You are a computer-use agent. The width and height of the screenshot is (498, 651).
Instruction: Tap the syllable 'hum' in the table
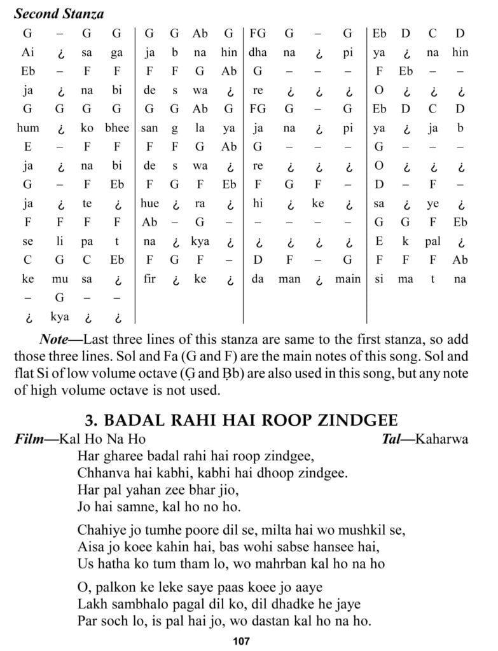click(28, 128)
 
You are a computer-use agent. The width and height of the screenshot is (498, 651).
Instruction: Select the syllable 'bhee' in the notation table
click(116, 128)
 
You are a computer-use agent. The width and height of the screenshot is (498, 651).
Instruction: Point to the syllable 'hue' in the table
click(150, 204)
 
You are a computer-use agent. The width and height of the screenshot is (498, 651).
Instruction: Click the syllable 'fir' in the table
click(149, 279)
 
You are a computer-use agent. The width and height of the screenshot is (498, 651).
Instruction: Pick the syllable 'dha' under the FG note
click(258, 53)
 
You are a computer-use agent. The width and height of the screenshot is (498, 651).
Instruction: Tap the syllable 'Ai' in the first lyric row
click(28, 53)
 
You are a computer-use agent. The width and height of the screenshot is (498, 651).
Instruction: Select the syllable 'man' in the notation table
click(289, 279)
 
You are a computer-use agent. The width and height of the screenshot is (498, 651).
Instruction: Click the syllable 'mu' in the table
click(60, 279)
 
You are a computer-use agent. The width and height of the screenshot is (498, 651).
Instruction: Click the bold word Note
click(53, 339)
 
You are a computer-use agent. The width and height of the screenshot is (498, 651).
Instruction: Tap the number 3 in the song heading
click(90, 421)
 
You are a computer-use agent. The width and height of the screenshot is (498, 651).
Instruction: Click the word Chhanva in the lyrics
click(102, 473)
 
